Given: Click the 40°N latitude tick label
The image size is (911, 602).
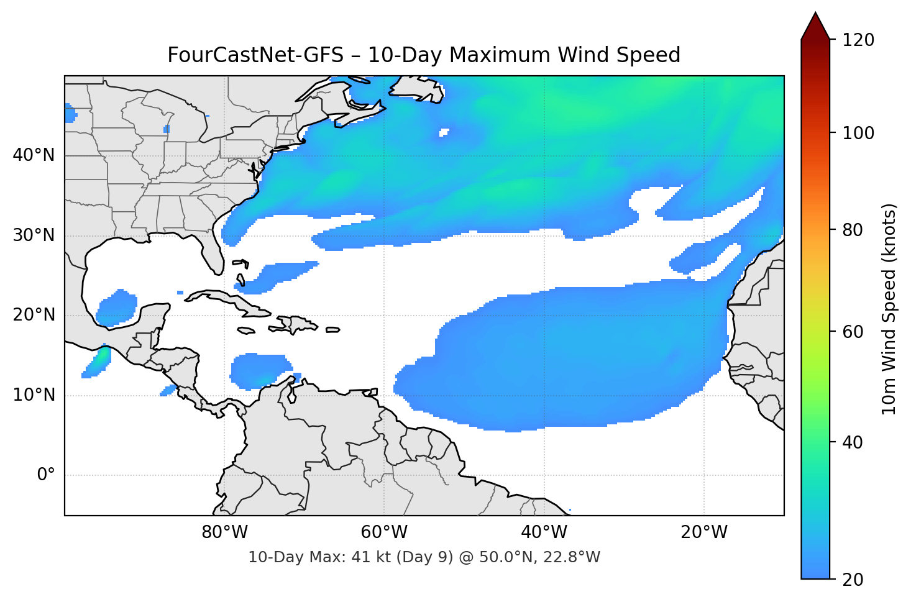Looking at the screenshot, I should click(34, 155).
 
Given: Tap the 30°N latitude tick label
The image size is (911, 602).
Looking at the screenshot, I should click(34, 235).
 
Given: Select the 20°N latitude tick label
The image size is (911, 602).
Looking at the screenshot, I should click(34, 315).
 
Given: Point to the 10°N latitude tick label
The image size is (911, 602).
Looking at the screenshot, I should click(34, 395).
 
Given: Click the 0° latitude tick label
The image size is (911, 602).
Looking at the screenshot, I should click(46, 475).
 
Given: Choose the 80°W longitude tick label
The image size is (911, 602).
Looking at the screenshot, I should click(224, 532).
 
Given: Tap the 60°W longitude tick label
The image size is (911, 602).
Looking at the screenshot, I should click(384, 532).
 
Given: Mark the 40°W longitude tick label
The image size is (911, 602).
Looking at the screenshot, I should click(544, 532).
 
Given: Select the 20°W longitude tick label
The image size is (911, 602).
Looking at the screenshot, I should click(704, 532).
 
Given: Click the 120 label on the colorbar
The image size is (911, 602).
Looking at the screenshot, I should click(858, 40).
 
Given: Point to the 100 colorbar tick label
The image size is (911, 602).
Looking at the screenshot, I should click(858, 133).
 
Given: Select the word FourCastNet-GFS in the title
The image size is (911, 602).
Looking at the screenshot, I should click(255, 55).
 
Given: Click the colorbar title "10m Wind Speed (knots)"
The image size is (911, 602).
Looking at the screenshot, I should click(889, 309).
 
